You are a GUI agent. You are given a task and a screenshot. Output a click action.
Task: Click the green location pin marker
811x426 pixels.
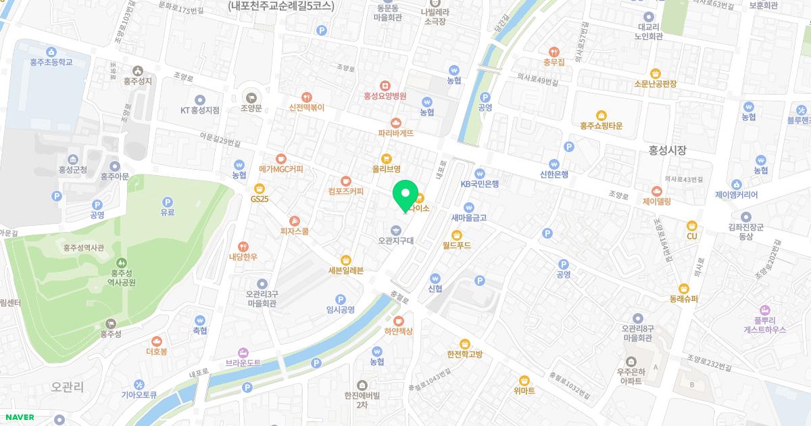405,195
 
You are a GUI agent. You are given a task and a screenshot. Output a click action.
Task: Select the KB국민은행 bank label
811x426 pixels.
479,183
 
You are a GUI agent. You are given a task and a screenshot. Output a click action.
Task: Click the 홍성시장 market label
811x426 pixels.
667,151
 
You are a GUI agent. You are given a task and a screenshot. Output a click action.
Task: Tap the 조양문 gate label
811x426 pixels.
251,108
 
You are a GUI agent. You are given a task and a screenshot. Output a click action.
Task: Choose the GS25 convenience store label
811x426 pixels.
260,199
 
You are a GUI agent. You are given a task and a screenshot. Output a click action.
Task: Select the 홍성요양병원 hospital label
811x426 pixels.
385,96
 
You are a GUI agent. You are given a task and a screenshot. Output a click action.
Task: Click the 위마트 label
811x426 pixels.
524,391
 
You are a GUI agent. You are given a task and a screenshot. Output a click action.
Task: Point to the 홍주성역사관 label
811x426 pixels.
84,247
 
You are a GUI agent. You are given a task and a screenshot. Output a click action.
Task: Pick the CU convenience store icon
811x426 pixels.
691,226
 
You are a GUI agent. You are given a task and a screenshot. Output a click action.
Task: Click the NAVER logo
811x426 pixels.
17,417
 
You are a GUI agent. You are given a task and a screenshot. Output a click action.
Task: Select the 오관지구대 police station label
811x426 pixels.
396,240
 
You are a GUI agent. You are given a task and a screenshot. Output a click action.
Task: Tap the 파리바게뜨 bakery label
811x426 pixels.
396,133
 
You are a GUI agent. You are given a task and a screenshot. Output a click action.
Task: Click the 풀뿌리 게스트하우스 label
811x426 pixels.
765,325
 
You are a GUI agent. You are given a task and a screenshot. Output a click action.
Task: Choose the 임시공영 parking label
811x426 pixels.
341,309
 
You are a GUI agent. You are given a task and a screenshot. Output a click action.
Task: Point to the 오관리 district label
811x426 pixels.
68,387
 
